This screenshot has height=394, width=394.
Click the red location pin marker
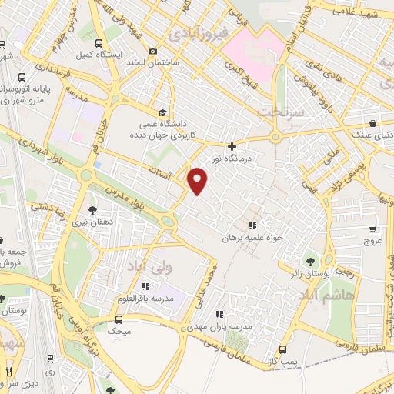[199, 182]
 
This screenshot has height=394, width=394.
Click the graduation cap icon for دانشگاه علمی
[162, 111]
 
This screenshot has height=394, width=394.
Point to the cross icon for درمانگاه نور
[232, 146]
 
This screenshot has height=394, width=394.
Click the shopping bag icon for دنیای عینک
[372, 123]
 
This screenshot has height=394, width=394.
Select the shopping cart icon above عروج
[373, 229]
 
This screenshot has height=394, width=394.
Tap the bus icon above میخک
[119, 319]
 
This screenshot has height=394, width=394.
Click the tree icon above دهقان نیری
[93, 209]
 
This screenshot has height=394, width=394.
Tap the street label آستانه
[163, 169]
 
